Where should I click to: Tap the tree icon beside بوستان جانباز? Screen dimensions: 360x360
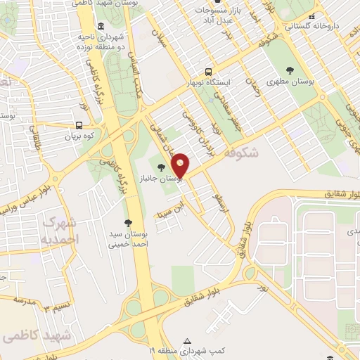tap(162, 167)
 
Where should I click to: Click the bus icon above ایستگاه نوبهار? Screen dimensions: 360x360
tap(207, 71)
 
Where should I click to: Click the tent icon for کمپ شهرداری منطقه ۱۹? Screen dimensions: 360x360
tap(186, 338)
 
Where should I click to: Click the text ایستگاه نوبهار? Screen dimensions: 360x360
tap(208, 83)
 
